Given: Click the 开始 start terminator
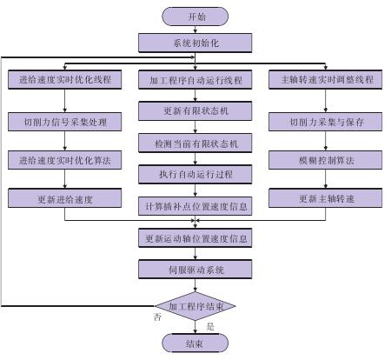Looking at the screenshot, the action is (x=195, y=17).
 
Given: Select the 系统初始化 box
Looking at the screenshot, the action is (x=195, y=43).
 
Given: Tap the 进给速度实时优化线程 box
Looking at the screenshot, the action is (x=64, y=79).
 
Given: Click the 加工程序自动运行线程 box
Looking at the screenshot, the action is (x=195, y=79).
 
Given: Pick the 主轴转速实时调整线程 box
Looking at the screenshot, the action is (x=326, y=79).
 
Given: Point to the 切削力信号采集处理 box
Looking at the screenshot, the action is (x=64, y=122).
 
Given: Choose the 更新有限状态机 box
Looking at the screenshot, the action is (x=195, y=111).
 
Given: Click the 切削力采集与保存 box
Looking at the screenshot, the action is (x=326, y=122).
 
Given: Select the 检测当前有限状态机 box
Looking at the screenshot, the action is (x=195, y=143).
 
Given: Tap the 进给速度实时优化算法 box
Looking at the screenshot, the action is (x=64, y=160).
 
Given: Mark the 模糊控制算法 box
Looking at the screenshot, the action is (x=326, y=160).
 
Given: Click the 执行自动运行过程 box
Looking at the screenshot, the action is (x=195, y=175).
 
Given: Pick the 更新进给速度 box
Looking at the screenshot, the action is (x=64, y=198).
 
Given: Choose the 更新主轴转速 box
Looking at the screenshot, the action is (x=326, y=198).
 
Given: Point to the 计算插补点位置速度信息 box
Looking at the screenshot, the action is (x=195, y=206).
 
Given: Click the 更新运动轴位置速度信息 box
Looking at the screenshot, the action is (x=195, y=238).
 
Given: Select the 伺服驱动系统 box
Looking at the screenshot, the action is (x=195, y=270).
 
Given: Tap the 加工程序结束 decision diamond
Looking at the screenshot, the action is (x=195, y=306).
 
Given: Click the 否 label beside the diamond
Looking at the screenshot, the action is (x=157, y=317).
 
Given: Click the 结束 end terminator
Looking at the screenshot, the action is (x=195, y=343).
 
